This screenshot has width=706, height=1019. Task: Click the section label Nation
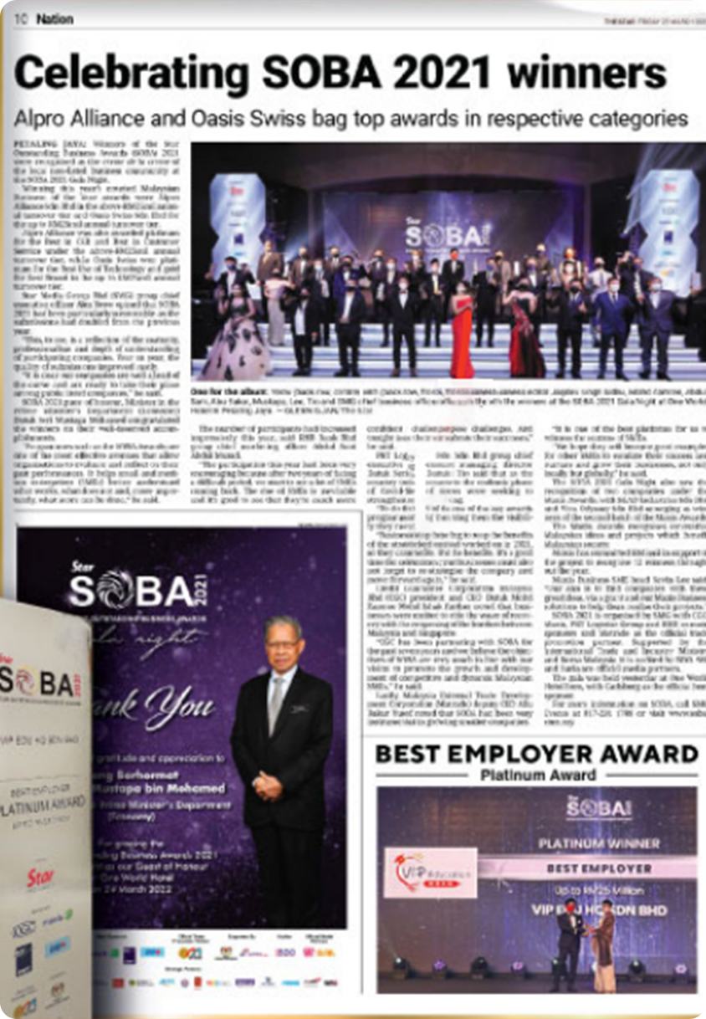pyautogui.click(x=55, y=18)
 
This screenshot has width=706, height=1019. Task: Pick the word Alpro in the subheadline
pyautogui.click(x=41, y=119)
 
